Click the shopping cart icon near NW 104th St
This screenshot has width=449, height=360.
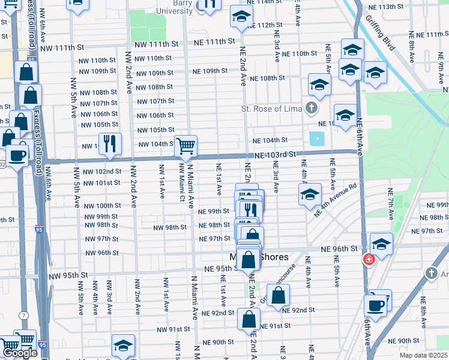pos(186,145)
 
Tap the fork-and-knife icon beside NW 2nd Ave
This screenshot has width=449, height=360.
pos(110,143)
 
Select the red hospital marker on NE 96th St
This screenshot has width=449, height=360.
pos(368,259)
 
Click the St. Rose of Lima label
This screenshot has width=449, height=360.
pos(270,109)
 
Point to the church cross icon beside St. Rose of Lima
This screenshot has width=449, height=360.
pos(310,108)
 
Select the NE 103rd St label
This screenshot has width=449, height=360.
pos(276,154)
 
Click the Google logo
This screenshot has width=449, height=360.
pos(20,353)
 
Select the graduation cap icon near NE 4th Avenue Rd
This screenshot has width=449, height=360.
pos(310,194)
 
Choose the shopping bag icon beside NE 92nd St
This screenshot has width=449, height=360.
pos(279,295)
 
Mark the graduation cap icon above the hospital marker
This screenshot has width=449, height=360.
pos(381,244)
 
